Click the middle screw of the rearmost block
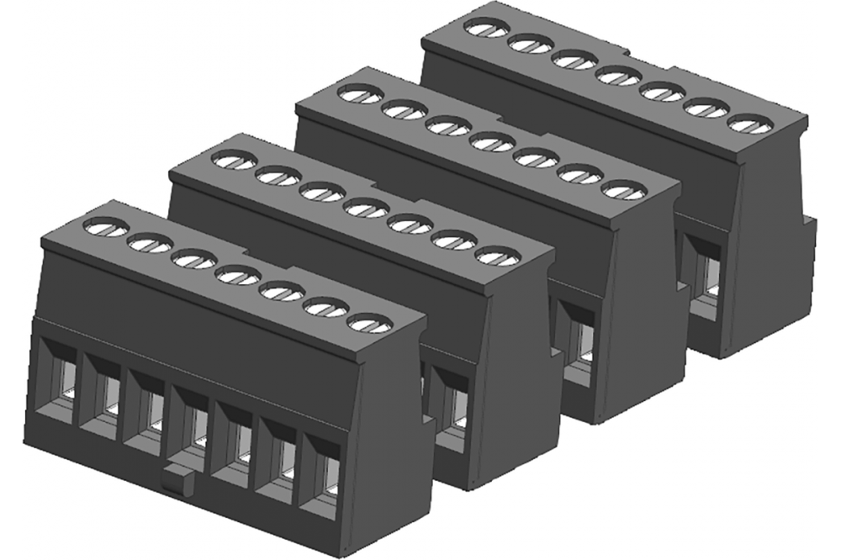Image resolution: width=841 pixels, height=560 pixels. pyautogui.click(x=616, y=77)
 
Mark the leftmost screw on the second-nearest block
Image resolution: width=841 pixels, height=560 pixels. pyautogui.click(x=233, y=158)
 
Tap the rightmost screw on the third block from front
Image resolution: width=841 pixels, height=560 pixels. pyautogui.click(x=621, y=189)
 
